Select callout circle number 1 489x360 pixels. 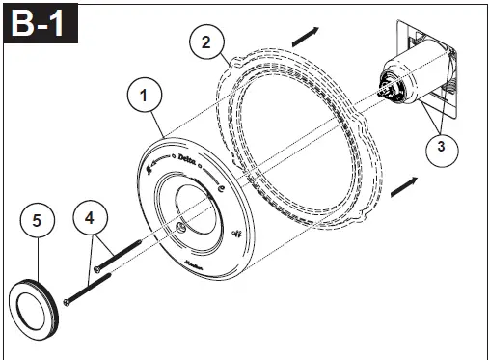(145, 96)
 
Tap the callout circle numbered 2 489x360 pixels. (203, 41)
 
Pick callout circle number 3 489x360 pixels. (441, 147)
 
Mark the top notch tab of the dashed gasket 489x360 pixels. (229, 61)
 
